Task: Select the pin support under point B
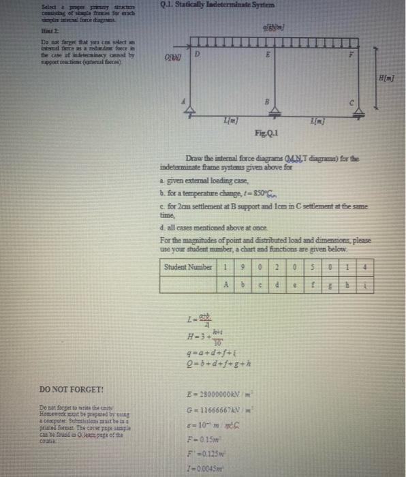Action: point(263,113)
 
